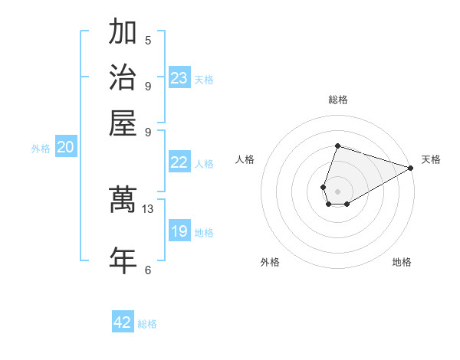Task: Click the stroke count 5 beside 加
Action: [x=148, y=40]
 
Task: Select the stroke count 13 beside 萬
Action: [x=148, y=208]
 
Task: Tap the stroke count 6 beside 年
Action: [x=148, y=269]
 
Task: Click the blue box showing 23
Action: [x=179, y=78]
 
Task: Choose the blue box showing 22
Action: [x=179, y=162]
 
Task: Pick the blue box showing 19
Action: [x=179, y=231]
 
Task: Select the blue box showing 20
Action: [x=65, y=148]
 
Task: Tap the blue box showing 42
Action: [x=123, y=322]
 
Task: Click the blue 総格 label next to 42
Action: [x=147, y=324]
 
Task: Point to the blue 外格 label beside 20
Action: [x=41, y=149]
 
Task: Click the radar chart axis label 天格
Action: [x=431, y=159]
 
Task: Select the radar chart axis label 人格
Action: [x=245, y=159]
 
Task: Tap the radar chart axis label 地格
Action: [x=402, y=262]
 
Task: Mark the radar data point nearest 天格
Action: [x=411, y=169]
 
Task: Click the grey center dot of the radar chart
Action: [x=337, y=191]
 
